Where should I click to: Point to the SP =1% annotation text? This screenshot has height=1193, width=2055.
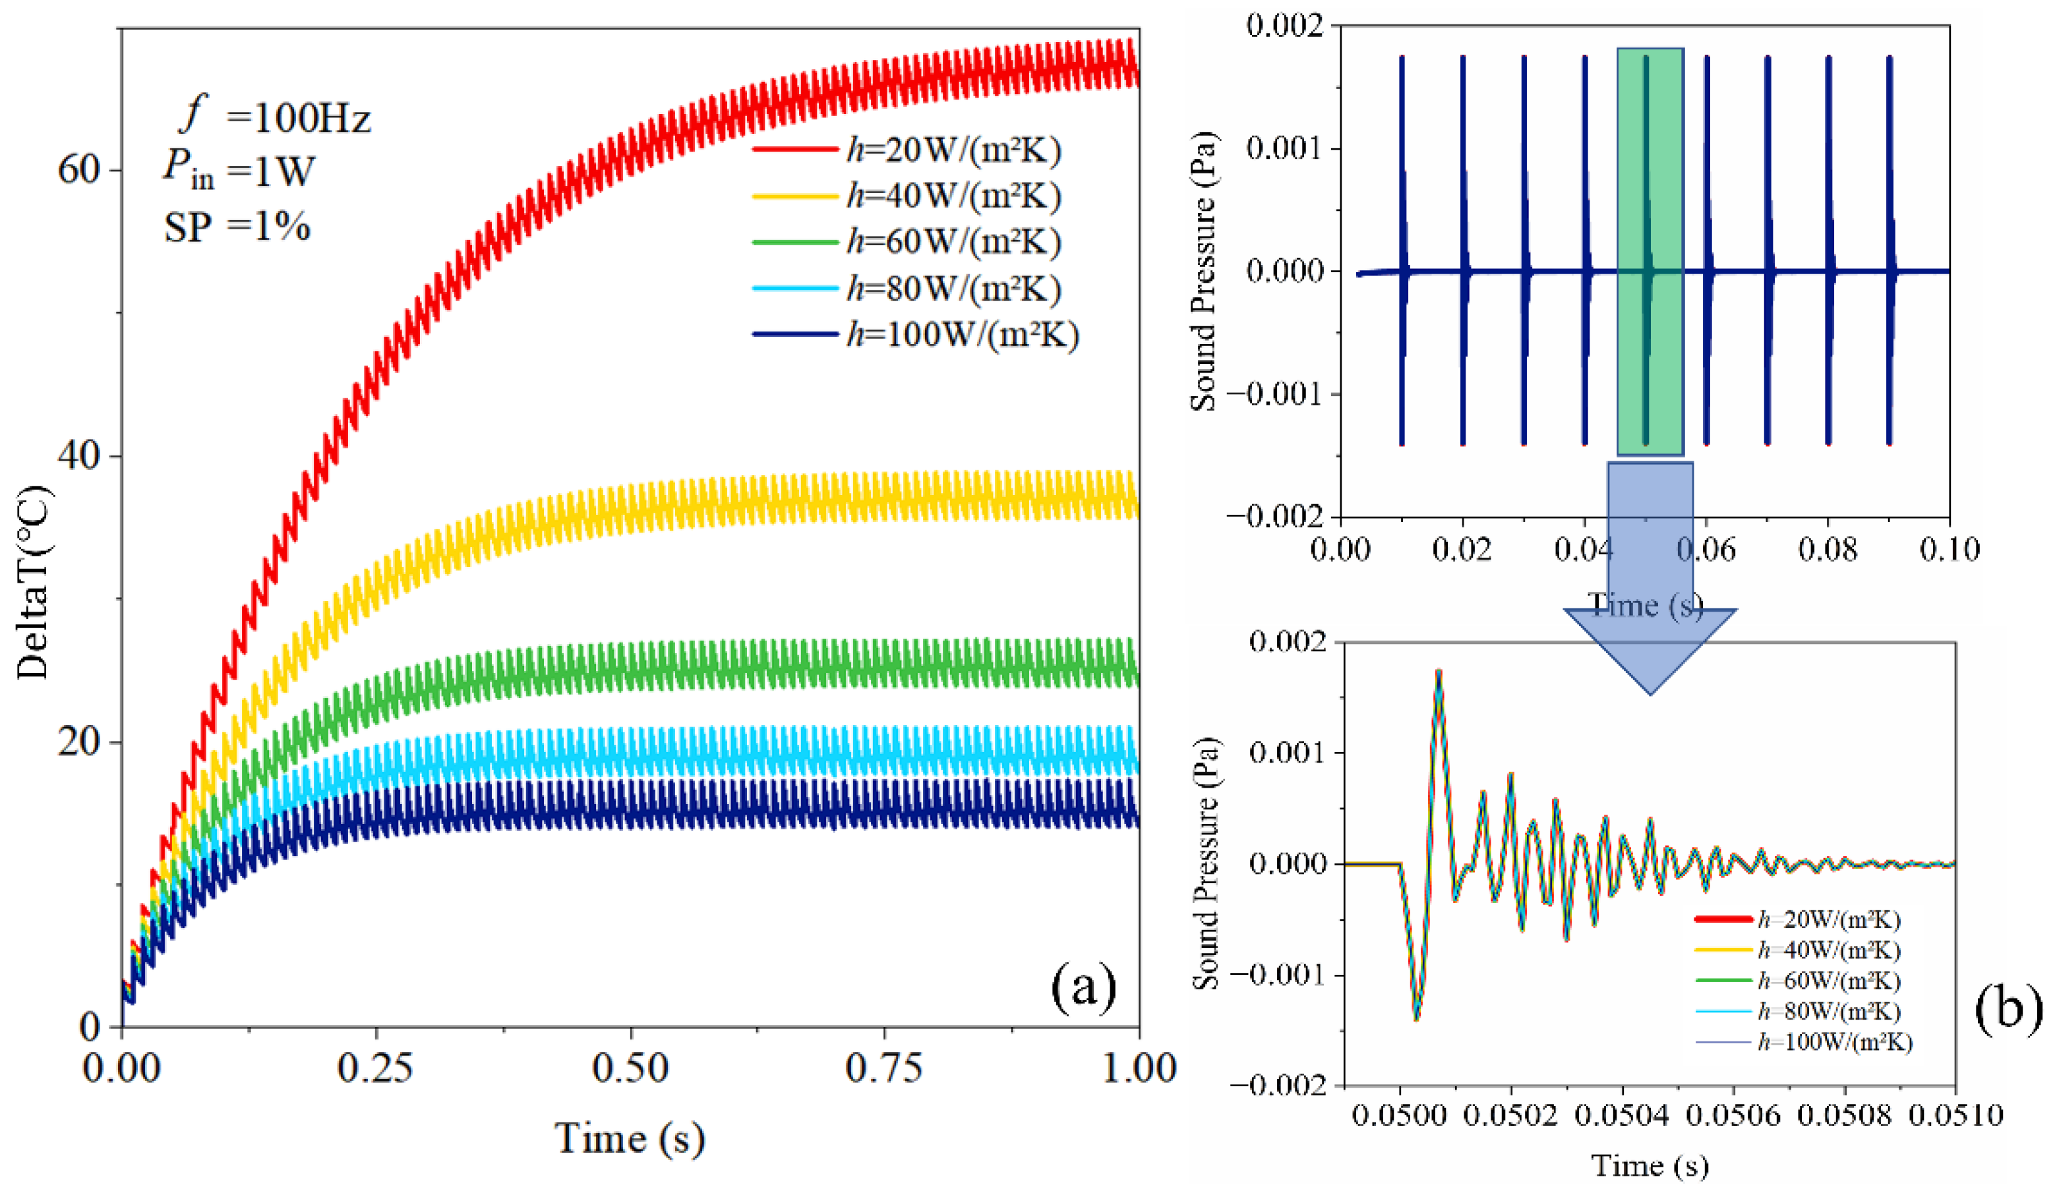(237, 227)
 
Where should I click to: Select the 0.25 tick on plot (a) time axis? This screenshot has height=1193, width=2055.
(376, 1068)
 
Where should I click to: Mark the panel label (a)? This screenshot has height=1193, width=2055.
(1083, 988)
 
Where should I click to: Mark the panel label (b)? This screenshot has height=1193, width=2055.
(2008, 1008)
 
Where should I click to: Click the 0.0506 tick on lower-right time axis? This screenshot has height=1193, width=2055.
(1733, 1114)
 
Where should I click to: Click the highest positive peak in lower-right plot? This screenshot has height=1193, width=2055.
(1439, 672)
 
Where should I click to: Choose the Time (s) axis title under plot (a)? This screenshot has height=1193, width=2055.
(630, 1138)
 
